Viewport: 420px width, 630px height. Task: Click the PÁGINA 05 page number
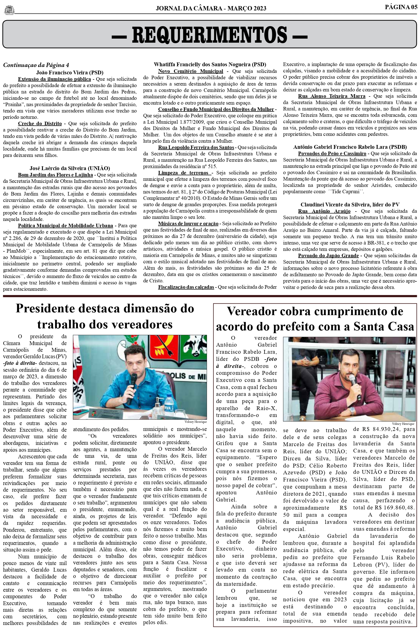pos(401,7)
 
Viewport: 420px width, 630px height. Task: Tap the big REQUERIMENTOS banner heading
pos(209,35)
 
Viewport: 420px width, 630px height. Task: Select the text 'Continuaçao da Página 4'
pos(36,65)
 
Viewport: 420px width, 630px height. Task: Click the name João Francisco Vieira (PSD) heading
pos(70,73)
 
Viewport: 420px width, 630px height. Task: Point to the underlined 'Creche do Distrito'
pos(40,123)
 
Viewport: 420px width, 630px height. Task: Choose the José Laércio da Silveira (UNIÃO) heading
pos(70,168)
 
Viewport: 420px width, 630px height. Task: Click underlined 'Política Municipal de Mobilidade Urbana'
pos(65,225)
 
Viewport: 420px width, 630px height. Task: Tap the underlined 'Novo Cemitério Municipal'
pos(190,71)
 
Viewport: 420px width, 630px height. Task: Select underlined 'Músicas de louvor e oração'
pos(188,223)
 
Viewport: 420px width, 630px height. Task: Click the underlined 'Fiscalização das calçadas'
pos(186,287)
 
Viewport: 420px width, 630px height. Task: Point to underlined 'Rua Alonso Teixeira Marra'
pos(332,96)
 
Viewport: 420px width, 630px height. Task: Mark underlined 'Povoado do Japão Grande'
pos(328,255)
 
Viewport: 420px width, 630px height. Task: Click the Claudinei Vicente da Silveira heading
pos(350,205)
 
